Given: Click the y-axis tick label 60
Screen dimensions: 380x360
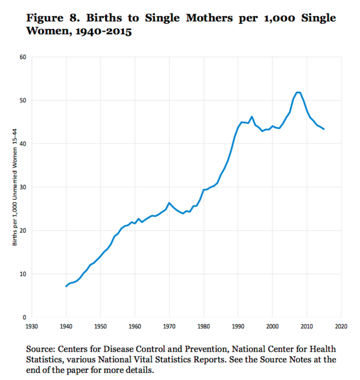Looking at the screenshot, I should [x=22, y=57].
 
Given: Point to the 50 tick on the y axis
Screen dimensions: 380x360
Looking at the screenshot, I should [x=22, y=100].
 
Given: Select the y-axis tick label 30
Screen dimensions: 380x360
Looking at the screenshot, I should [x=22, y=187].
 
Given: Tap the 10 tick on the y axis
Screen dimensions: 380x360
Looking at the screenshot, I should [x=22, y=274].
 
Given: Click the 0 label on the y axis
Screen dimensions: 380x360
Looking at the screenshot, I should [x=24, y=318].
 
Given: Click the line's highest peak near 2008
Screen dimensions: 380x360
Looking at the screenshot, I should [x=299, y=92].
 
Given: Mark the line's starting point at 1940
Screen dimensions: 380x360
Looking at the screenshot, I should [x=66, y=287].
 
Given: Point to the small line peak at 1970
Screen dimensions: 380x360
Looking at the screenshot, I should [x=169, y=202].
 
